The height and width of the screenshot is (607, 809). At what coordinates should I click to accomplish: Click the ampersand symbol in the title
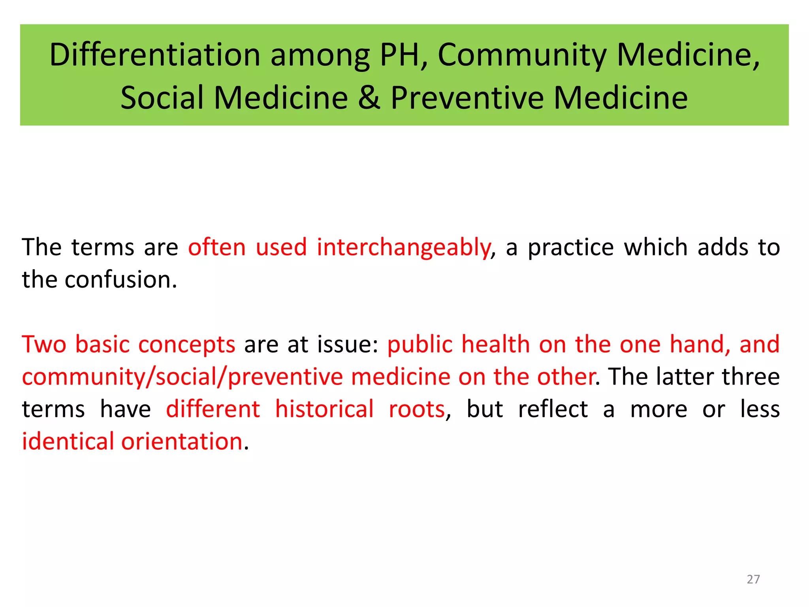369,98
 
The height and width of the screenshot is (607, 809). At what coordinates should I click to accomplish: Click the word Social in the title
162,98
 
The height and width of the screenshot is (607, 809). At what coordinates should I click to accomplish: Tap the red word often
217,248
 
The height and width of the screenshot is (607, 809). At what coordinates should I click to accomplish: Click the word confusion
121,280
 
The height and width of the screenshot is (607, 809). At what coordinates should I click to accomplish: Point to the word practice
571,248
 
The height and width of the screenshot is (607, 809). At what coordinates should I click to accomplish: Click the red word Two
44,344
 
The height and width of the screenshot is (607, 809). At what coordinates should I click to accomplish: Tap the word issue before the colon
348,344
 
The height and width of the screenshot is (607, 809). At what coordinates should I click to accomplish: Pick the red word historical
324,409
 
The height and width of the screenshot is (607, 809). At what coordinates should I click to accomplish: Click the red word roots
417,409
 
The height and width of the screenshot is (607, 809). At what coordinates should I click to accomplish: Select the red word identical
68,441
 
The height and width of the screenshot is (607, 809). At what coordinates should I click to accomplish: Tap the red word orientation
182,441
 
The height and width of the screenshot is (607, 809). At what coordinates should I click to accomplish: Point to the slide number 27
753,579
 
